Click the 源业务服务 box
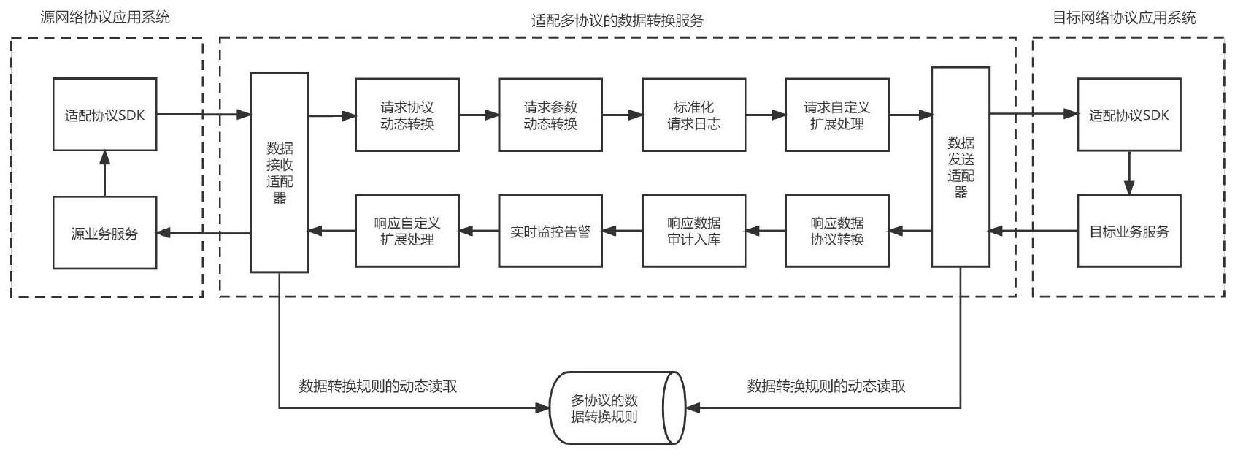click(105, 233)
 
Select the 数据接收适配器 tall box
click(280, 172)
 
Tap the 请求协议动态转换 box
click(407, 115)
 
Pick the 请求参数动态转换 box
click(550, 115)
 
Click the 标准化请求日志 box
click(693, 115)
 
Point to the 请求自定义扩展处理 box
click(837, 115)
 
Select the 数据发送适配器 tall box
click(961, 167)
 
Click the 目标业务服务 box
click(1129, 231)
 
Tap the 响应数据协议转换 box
click(837, 231)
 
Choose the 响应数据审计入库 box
click(693, 231)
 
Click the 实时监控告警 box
click(550, 231)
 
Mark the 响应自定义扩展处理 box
click(407, 231)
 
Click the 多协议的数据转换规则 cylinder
click(617, 408)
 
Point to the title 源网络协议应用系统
click(105, 18)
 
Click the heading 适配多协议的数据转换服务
click(617, 21)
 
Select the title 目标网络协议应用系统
click(1124, 18)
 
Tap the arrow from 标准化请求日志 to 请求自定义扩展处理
click(765, 115)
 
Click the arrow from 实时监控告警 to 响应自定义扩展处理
click(479, 231)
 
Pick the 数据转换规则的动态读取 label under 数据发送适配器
click(826, 386)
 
